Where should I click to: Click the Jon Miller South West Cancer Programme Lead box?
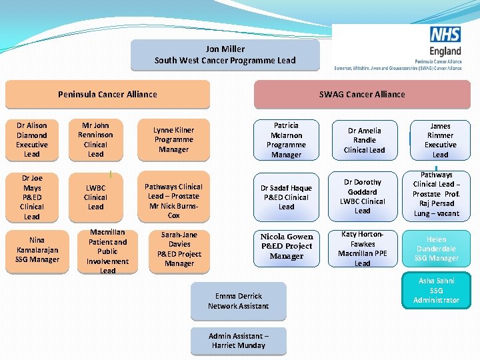pyautogui.click(x=225, y=55)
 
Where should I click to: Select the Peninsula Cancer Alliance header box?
pyautogui.click(x=107, y=95)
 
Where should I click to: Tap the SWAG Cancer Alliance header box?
pyautogui.click(x=361, y=95)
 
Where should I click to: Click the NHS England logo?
pyautogui.click(x=445, y=42)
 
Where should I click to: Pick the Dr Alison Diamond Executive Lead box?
pyautogui.click(x=32, y=140)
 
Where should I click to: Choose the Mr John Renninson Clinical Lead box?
pyautogui.click(x=95, y=140)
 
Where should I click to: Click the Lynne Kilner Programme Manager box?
pyautogui.click(x=173, y=140)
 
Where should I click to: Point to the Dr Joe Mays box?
pyautogui.click(x=32, y=197)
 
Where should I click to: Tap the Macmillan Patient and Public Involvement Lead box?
pyautogui.click(x=107, y=252)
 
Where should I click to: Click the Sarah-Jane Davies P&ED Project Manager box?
pyautogui.click(x=179, y=249)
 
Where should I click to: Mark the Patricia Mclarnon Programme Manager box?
pyautogui.click(x=286, y=140)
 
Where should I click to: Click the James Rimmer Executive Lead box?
pyautogui.click(x=440, y=140)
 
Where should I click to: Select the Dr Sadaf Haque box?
pyautogui.click(x=286, y=197)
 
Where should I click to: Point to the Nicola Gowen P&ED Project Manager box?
pyautogui.click(x=286, y=246)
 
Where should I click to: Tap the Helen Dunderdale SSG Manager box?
pyautogui.click(x=436, y=249)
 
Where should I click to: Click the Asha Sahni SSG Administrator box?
pyautogui.click(x=436, y=291)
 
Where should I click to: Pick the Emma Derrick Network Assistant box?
pyautogui.click(x=238, y=301)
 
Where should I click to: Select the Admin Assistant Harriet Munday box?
pyautogui.click(x=238, y=341)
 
